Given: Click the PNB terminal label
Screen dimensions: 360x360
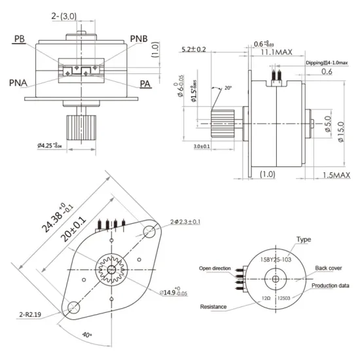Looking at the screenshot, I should (x=139, y=39).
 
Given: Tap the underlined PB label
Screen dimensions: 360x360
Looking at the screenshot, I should (x=20, y=39).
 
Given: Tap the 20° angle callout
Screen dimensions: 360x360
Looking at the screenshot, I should (x=228, y=88).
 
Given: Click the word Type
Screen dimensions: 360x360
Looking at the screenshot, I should (x=304, y=240).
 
